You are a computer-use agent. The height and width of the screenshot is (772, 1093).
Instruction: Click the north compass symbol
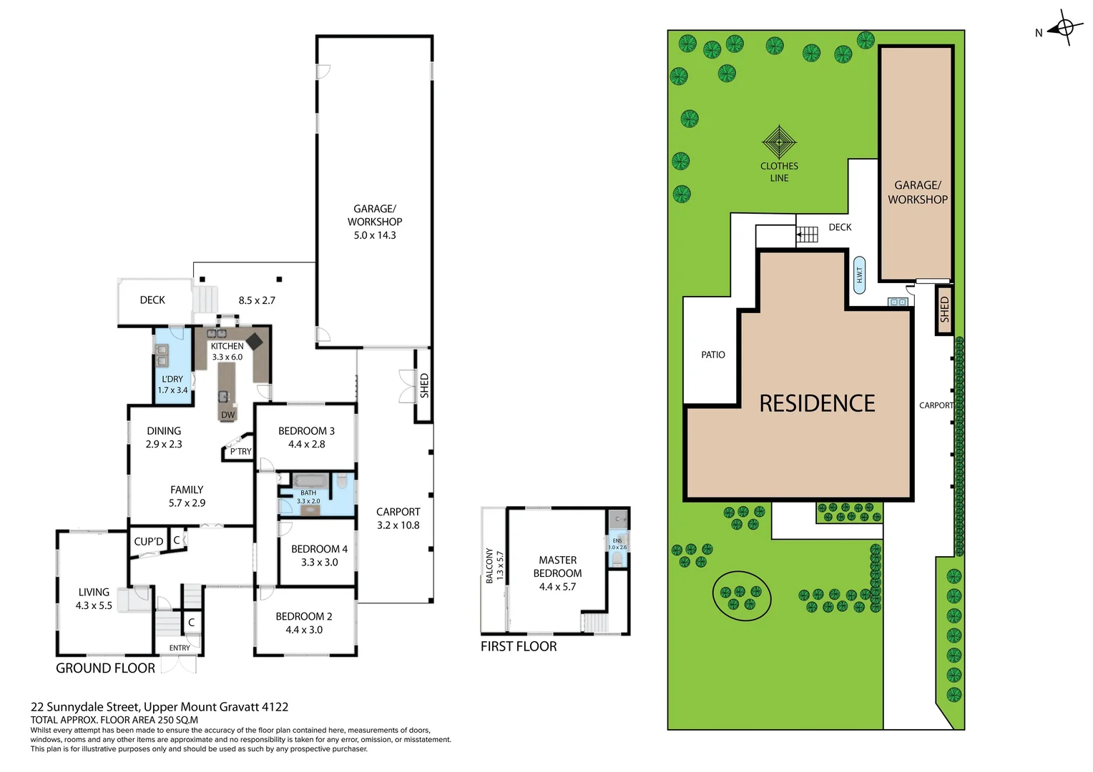pyautogui.click(x=1064, y=29)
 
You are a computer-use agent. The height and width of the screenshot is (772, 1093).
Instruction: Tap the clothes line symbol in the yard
pyautogui.click(x=779, y=142)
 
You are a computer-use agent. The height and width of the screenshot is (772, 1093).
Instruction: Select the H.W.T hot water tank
pyautogui.click(x=859, y=275)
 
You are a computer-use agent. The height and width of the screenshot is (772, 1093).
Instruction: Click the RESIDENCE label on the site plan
pyautogui.click(x=817, y=404)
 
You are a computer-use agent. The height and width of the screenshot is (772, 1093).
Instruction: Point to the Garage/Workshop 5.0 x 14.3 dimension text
pyautogui.click(x=374, y=235)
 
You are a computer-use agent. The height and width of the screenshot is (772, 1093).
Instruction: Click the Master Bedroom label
pyautogui.click(x=557, y=567)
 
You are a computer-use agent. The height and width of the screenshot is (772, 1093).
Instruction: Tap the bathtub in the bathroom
pyautogui.click(x=310, y=480)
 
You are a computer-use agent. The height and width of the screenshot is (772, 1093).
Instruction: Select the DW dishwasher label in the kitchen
pyautogui.click(x=227, y=415)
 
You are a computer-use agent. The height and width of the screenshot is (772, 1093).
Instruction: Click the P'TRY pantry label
pyautogui.click(x=240, y=452)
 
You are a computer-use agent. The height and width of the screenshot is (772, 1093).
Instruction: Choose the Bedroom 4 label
pyautogui.click(x=319, y=549)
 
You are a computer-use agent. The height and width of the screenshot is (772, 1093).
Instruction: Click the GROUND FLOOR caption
pyautogui.click(x=105, y=668)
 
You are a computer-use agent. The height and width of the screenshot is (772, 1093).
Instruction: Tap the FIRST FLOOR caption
pyautogui.click(x=518, y=646)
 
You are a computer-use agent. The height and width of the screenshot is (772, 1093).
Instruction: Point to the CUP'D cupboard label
pyautogui.click(x=149, y=542)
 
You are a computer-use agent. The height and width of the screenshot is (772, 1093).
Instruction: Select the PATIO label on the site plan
pyautogui.click(x=712, y=355)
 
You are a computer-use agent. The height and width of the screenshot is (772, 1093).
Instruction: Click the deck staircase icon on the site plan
pyautogui.click(x=808, y=234)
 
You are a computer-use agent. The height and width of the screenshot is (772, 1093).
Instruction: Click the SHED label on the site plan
pyautogui.click(x=944, y=309)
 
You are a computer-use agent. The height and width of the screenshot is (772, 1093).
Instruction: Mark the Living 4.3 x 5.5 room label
pyautogui.click(x=94, y=599)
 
